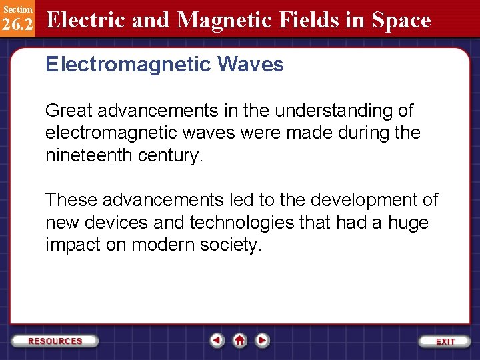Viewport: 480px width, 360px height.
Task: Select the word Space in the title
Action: pos(401,21)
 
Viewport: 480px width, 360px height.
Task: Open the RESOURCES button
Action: pos(55,341)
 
